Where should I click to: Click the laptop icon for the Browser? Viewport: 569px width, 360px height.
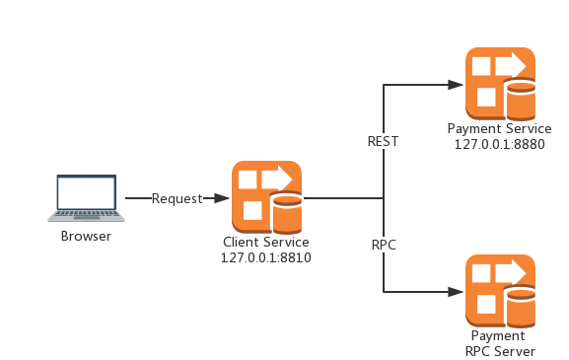click(x=86, y=198)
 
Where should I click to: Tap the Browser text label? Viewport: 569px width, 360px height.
click(x=86, y=236)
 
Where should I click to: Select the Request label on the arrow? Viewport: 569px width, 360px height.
click(x=178, y=198)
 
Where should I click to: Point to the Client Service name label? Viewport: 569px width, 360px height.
click(x=266, y=243)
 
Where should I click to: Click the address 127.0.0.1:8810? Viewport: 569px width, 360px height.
click(x=266, y=257)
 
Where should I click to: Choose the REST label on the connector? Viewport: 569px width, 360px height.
click(x=383, y=141)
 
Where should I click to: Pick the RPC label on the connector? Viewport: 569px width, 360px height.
click(x=384, y=245)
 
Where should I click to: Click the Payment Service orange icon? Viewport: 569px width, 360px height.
click(x=500, y=82)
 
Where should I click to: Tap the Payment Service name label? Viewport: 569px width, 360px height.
click(x=500, y=128)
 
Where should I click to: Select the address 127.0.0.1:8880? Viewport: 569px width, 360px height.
click(x=500, y=143)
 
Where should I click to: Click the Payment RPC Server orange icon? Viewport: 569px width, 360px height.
click(x=500, y=290)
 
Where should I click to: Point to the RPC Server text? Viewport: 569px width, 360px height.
click(x=500, y=351)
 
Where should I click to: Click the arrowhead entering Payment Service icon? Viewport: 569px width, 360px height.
click(x=459, y=85)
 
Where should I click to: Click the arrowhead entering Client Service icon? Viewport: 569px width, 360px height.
click(x=225, y=198)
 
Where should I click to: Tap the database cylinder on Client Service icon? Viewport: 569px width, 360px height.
click(x=286, y=213)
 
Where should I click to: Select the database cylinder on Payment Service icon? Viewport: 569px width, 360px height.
click(x=520, y=99)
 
